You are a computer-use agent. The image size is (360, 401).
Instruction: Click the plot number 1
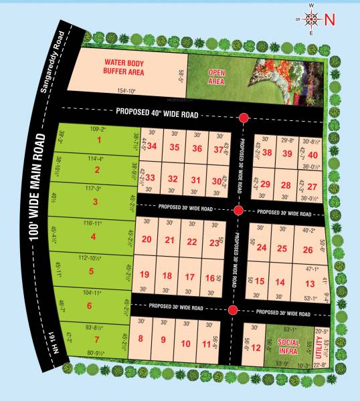(x=99, y=140)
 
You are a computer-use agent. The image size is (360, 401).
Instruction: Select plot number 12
(x=255, y=348)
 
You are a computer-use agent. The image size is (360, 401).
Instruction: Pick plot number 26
(x=308, y=250)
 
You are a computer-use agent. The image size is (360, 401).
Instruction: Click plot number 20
(x=147, y=239)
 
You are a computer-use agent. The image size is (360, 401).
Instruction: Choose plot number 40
(x=312, y=155)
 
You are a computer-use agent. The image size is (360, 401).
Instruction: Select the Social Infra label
(x=288, y=348)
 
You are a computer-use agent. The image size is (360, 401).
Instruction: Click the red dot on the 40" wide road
(x=244, y=118)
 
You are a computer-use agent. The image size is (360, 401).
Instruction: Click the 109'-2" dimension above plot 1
(x=99, y=128)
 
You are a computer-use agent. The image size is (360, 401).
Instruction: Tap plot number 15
(x=260, y=282)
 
